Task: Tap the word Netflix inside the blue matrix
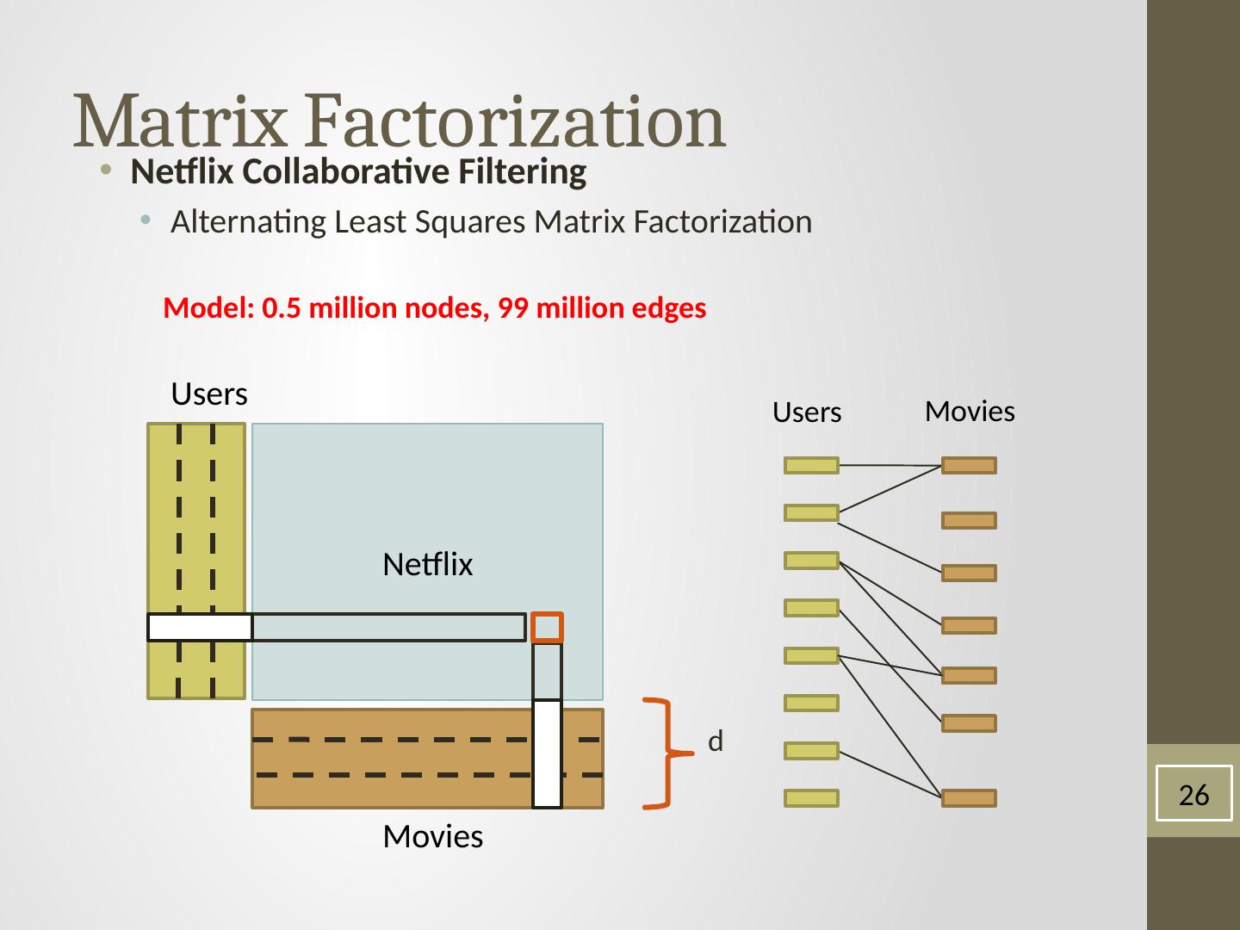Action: click(428, 565)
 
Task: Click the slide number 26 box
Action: click(1193, 794)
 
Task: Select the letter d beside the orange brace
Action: click(715, 741)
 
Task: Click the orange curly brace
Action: click(666, 753)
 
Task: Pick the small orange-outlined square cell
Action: click(548, 627)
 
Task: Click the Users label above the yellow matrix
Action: click(209, 394)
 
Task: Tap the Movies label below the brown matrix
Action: click(432, 836)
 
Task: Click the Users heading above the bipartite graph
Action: click(807, 413)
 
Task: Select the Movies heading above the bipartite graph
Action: click(970, 412)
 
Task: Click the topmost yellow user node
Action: click(811, 466)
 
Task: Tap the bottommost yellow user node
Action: click(811, 798)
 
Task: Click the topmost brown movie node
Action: click(969, 466)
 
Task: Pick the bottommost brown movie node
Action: click(969, 798)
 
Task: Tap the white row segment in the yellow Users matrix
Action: click(200, 628)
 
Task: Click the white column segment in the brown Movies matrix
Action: click(548, 754)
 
